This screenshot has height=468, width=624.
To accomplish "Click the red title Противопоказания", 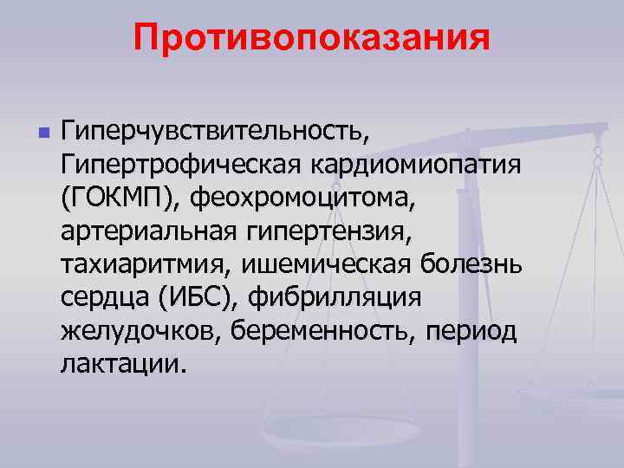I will [x=312, y=39].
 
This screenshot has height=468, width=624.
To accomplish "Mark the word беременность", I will [x=322, y=332].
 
